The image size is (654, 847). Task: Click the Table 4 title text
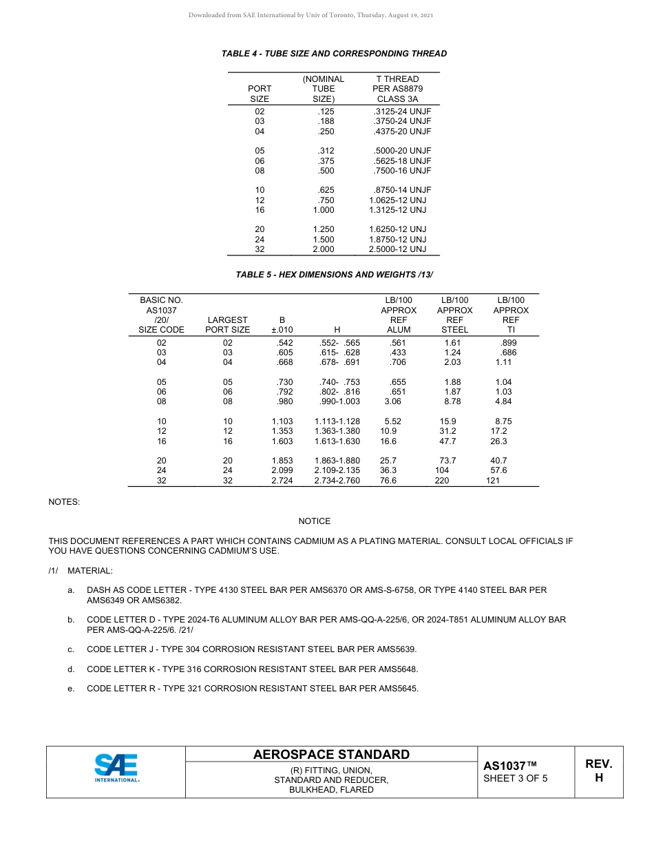(334, 54)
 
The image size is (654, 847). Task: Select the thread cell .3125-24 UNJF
(401, 111)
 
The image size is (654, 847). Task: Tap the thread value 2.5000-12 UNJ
(397, 249)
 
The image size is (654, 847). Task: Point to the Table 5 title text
(334, 275)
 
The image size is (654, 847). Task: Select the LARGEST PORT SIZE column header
(227, 324)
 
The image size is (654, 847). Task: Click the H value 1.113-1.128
(337, 421)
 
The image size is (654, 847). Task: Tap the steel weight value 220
(441, 481)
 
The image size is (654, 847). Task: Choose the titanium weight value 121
(493, 481)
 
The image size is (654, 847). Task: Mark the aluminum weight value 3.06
(392, 401)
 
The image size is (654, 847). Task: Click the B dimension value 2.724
(282, 481)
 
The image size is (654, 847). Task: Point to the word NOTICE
(314, 521)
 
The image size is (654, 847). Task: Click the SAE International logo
(116, 768)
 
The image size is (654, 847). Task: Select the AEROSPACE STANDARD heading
(331, 755)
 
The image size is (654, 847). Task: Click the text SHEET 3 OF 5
(515, 779)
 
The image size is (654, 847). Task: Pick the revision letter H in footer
(598, 778)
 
